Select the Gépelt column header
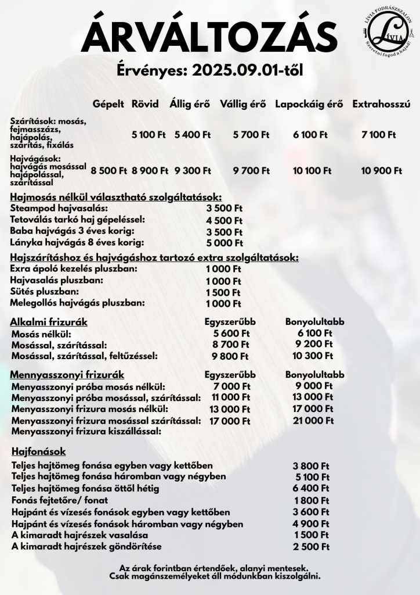[108, 105]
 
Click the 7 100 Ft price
[378, 135]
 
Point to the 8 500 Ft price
[108, 171]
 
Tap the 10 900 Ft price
[381, 171]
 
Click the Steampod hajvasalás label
[59, 208]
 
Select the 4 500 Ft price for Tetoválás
[224, 220]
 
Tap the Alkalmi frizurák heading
[49, 322]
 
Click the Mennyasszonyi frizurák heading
[68, 375]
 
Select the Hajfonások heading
[39, 451]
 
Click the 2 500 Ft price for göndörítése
[311, 547]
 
